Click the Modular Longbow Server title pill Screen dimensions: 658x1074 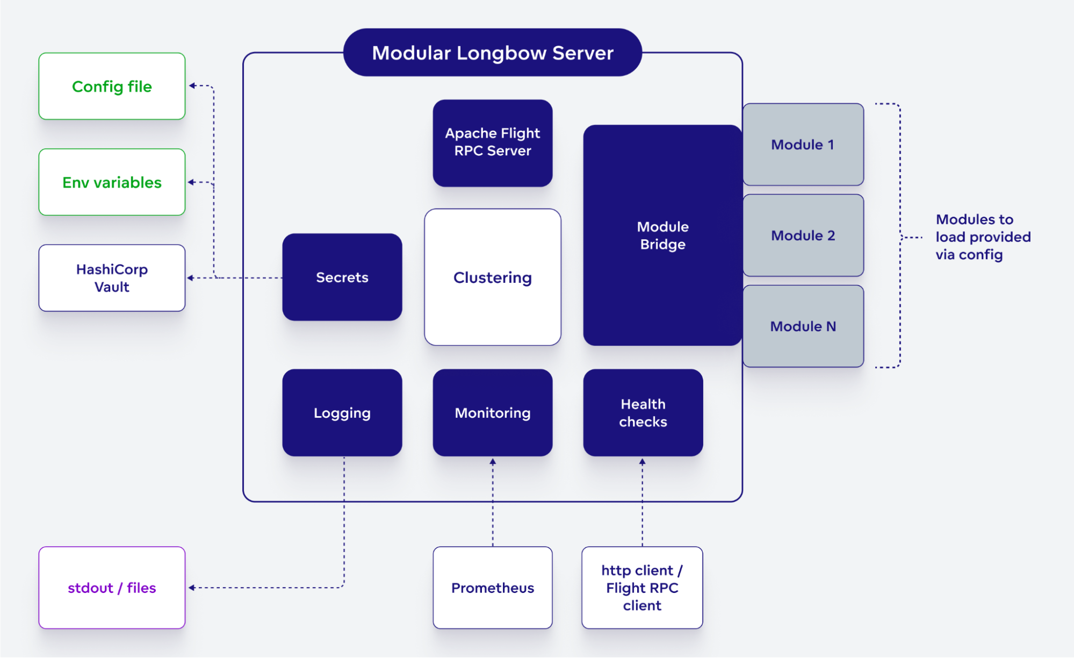492,53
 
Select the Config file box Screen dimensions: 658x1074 112,87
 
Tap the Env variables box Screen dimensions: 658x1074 112,182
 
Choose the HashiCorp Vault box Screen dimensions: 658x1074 112,278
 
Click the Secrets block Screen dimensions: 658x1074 342,277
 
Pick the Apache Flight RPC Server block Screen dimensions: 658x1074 492,142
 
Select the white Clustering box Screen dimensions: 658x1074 492,277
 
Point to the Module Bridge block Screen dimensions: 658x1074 662,235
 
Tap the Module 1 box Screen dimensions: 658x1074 803,145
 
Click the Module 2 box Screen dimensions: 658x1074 803,235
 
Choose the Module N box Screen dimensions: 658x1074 803,326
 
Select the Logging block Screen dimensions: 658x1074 342,413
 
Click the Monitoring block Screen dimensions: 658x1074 492,413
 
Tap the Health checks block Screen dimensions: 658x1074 643,413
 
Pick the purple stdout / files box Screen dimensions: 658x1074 112,588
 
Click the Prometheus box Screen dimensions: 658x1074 492,588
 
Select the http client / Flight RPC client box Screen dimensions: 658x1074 642,588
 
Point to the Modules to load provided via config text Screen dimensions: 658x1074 983,237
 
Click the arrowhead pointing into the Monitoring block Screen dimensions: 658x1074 493,462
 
